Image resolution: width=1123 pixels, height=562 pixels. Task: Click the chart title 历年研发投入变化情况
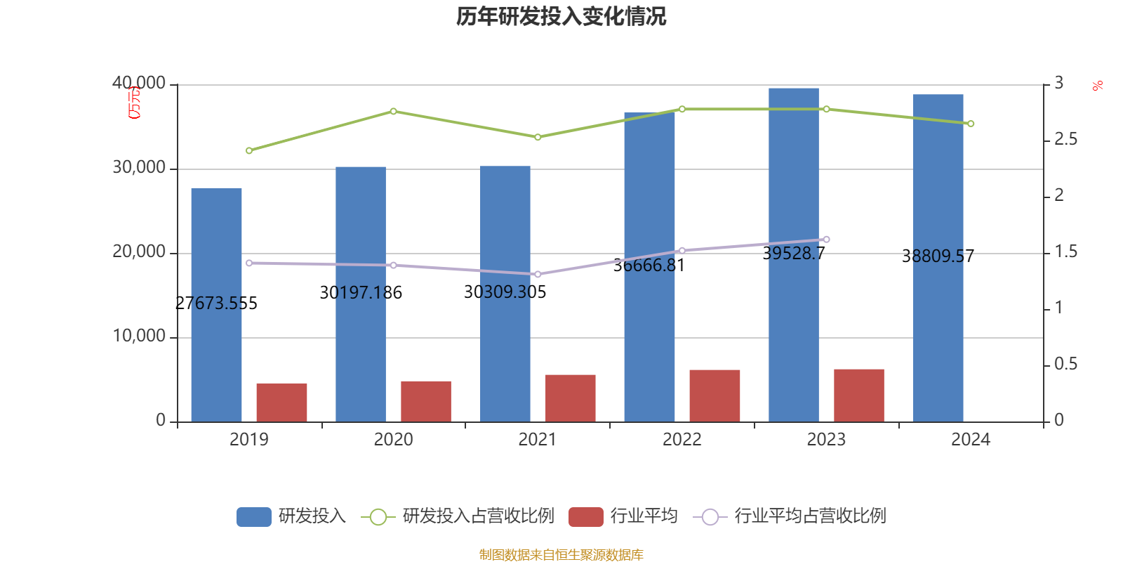[x=561, y=16]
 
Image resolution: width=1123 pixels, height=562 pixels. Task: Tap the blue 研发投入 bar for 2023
[x=793, y=254]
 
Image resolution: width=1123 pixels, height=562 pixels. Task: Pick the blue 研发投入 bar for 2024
[x=938, y=258]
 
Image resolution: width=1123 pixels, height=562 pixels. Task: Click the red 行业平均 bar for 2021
[x=570, y=398]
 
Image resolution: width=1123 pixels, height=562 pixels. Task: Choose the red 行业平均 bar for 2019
[x=281, y=402]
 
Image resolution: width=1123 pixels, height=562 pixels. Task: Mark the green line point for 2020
[x=393, y=111]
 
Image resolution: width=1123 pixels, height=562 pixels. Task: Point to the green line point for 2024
[x=971, y=124]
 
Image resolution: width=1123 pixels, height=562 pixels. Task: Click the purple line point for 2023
[x=826, y=240]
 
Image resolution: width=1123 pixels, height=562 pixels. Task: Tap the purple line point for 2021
[x=538, y=274]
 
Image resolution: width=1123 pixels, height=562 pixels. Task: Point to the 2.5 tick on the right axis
[x=1065, y=140]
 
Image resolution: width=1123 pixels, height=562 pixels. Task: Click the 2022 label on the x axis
[x=682, y=440]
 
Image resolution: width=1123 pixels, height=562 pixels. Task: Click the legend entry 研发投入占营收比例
[x=477, y=516]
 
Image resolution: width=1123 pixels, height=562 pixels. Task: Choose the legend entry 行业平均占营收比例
[x=809, y=516]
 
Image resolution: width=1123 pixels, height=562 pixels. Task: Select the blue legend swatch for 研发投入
[x=253, y=516]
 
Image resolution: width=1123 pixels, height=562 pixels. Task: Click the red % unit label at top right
[x=1098, y=86]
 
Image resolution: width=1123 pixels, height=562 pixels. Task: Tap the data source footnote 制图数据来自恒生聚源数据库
[x=561, y=555]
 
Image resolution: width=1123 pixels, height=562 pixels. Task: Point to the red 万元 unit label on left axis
[x=134, y=103]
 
